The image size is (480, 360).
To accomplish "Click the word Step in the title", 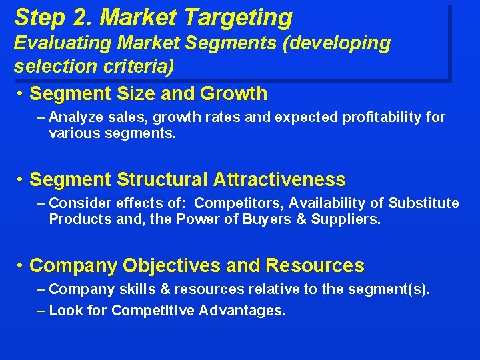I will point(37,17).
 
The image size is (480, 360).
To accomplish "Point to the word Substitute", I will point(424,203).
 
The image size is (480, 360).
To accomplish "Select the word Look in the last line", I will point(66,311).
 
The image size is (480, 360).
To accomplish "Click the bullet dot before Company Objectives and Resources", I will point(21,265).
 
